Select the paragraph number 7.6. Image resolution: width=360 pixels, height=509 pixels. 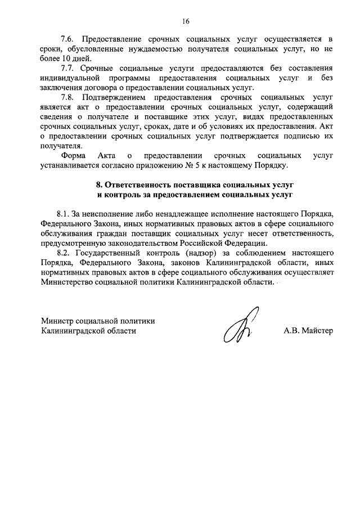[x=67, y=39]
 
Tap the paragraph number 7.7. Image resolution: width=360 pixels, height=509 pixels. [x=67, y=68]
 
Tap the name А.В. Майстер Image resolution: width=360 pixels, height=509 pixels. [x=308, y=331]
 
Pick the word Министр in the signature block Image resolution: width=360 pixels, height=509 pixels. [x=58, y=321]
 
